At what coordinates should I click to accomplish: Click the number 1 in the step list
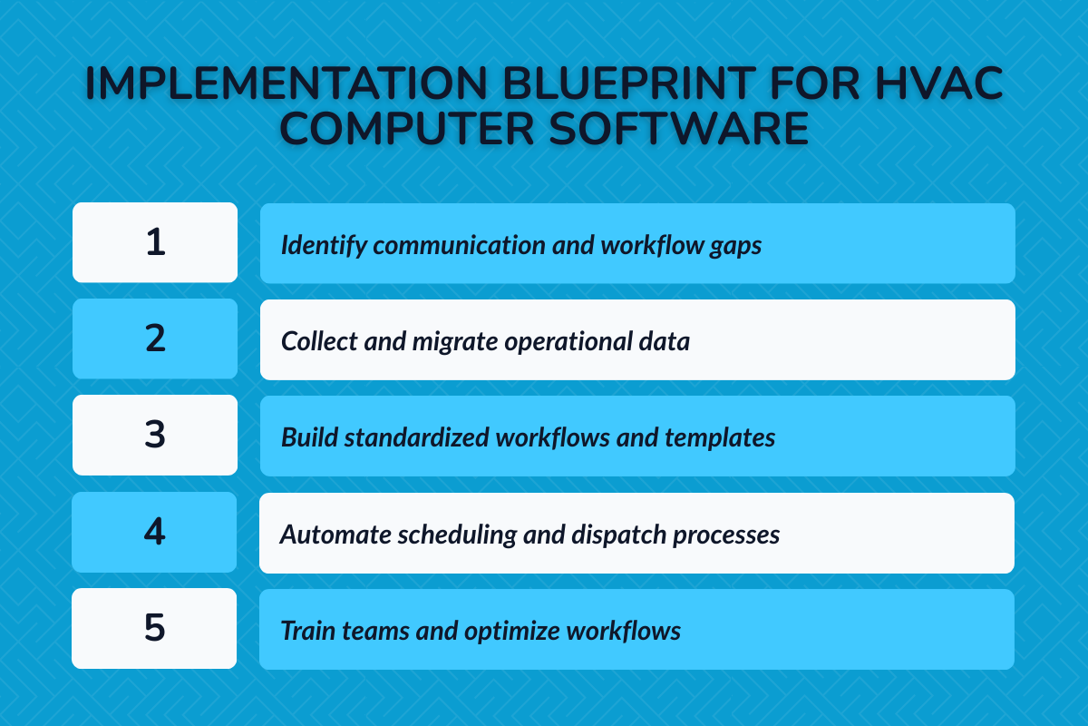pyautogui.click(x=155, y=242)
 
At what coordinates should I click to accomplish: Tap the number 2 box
pyautogui.click(x=155, y=338)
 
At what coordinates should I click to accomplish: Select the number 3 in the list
pyautogui.click(x=155, y=435)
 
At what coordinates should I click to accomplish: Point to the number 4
pyautogui.click(x=155, y=531)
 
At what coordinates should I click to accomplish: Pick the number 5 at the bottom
pyautogui.click(x=155, y=628)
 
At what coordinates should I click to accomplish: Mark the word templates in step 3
pyautogui.click(x=720, y=438)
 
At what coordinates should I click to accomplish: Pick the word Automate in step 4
pyautogui.click(x=322, y=535)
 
